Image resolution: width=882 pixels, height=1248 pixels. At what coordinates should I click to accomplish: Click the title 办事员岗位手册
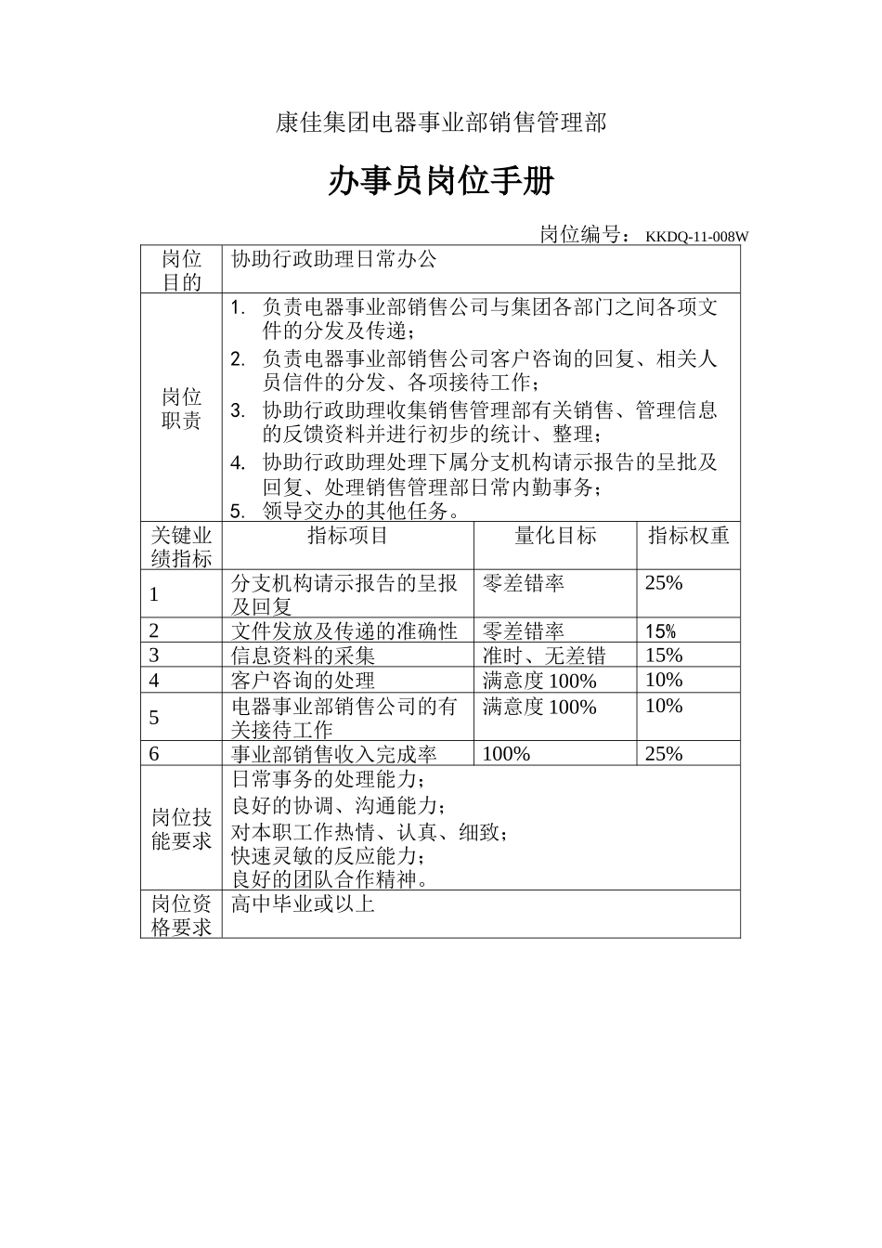(x=440, y=182)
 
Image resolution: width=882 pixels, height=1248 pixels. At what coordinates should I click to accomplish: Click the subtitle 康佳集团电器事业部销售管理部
(x=440, y=123)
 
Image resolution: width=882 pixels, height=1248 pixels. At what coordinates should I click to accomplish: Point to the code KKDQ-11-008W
(x=696, y=237)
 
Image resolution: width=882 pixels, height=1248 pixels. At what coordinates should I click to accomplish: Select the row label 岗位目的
(x=182, y=270)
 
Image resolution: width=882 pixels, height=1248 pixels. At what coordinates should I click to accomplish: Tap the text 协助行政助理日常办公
(x=333, y=259)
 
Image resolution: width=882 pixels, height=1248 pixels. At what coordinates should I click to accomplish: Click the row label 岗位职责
(x=182, y=409)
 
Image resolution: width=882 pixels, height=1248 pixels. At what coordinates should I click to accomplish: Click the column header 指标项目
(x=348, y=535)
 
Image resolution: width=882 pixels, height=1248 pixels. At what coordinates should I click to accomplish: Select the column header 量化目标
(x=555, y=535)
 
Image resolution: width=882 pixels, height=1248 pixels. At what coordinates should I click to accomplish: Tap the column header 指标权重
(x=688, y=535)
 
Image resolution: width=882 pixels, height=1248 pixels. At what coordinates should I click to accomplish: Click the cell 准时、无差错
(x=544, y=656)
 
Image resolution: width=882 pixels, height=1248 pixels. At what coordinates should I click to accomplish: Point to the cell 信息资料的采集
(x=303, y=656)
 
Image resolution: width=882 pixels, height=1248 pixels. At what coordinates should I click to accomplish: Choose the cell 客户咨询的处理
(x=303, y=681)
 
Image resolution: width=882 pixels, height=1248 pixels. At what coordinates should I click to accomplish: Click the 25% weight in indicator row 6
(x=664, y=754)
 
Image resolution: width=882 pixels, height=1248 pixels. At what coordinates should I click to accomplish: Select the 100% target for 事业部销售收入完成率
(x=506, y=754)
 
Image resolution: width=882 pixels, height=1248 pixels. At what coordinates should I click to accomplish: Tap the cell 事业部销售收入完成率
(x=333, y=754)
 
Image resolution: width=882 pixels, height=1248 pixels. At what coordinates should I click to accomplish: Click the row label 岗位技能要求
(x=182, y=829)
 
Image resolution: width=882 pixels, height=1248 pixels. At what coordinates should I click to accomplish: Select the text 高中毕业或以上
(x=303, y=903)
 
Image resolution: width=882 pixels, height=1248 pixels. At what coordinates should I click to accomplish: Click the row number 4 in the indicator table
(x=154, y=681)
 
